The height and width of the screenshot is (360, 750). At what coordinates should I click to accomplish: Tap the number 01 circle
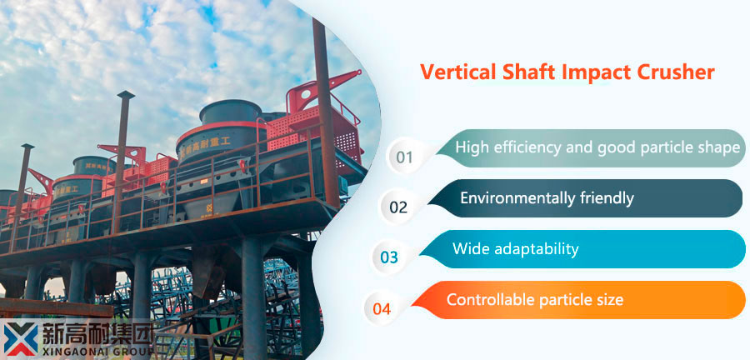tap(405, 157)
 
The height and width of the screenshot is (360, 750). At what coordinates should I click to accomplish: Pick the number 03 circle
tap(389, 257)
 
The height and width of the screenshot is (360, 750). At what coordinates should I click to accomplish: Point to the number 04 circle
tap(382, 308)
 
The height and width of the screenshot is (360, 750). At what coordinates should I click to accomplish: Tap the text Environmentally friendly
tap(547, 198)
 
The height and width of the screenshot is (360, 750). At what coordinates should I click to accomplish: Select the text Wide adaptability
tap(515, 248)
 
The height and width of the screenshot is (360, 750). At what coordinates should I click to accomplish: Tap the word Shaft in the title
tap(525, 72)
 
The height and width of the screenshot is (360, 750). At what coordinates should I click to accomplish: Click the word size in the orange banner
tap(608, 299)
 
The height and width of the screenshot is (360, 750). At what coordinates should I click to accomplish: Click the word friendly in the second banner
tap(606, 198)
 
